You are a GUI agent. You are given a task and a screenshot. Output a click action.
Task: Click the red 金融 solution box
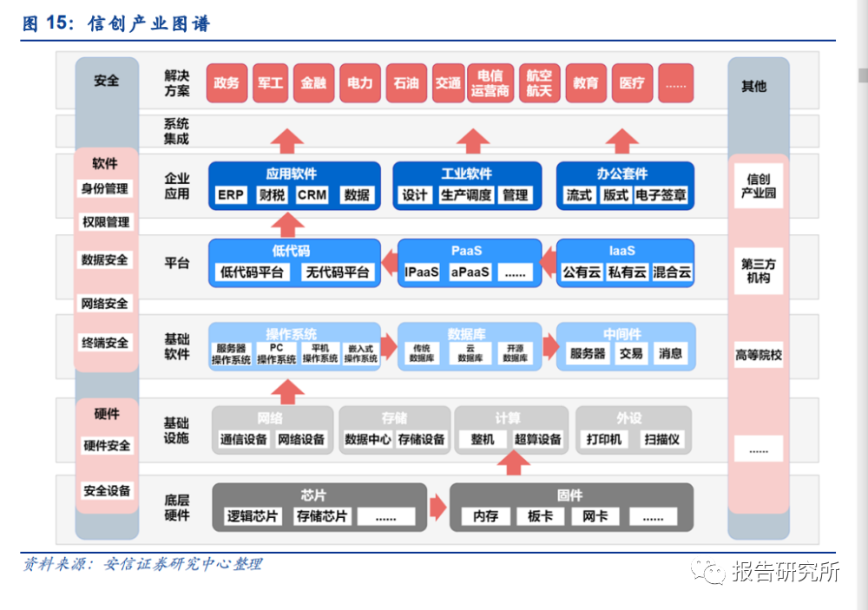pos(313,83)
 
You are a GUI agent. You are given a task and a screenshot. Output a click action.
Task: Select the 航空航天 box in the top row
pos(539,83)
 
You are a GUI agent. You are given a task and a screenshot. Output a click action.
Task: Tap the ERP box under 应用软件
pos(231,195)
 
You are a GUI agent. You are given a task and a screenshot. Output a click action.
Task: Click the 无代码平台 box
pos(338,272)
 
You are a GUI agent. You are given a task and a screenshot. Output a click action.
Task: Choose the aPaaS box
pos(470,272)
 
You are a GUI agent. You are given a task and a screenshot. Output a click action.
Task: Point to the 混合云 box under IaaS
pos(672,272)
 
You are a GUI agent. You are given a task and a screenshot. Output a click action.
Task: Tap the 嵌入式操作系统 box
pos(360,354)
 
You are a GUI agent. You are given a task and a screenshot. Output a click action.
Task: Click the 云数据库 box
pos(470,353)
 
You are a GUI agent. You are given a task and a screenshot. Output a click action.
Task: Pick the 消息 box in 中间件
pos(670,353)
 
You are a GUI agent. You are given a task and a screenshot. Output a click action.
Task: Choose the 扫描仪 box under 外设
pos(661,440)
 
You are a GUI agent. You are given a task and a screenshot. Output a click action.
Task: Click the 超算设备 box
pos(538,440)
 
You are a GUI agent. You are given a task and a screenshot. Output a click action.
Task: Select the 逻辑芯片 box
pos(253,516)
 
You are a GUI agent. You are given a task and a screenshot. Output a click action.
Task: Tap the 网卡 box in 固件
pos(595,516)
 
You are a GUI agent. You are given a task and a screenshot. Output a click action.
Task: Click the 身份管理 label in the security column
pos(105,189)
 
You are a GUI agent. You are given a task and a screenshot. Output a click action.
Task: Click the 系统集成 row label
pos(176,132)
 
